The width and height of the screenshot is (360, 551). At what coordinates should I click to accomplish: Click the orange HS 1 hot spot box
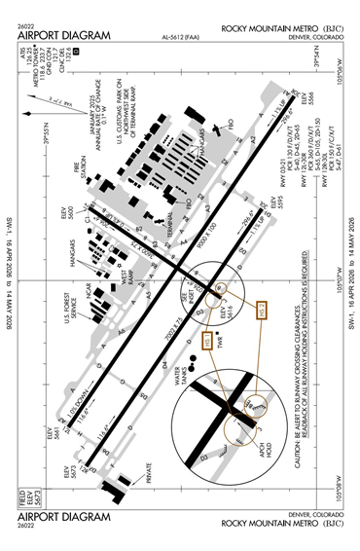(x=208, y=341)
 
